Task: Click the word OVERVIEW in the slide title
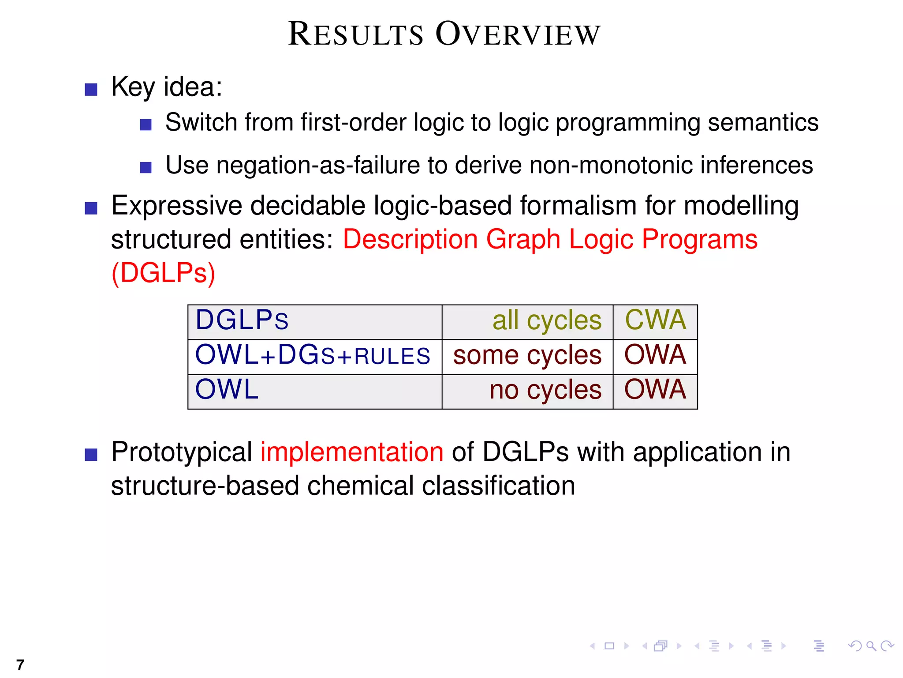518,34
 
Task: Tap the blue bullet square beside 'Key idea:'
91,90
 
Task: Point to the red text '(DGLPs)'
164,273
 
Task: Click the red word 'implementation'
351,452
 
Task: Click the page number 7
20,665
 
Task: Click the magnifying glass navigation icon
871,646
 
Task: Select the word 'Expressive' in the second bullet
176,207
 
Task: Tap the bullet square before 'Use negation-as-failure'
146,168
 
